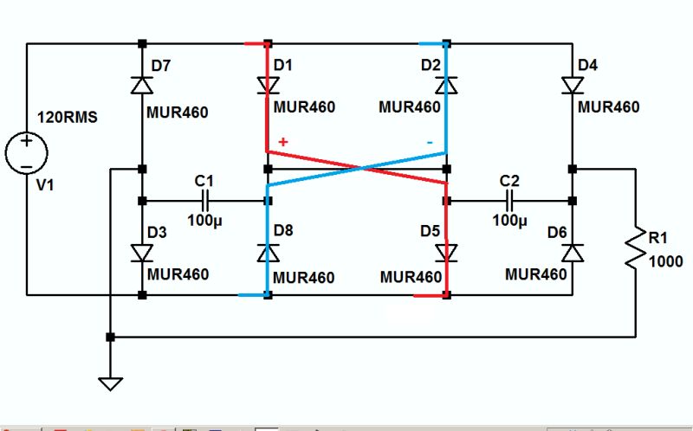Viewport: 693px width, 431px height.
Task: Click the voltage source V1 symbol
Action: click(26, 153)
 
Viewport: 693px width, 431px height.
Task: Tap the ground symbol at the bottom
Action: click(110, 381)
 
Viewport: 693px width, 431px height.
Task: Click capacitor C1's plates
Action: click(205, 201)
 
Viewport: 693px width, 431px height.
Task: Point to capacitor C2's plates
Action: click(509, 201)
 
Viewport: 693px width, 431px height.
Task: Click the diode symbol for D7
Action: click(142, 84)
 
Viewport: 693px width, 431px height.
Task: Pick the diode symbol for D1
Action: click(268, 85)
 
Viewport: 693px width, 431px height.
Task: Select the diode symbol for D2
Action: click(446, 85)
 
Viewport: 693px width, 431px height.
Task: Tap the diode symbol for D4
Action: click(573, 85)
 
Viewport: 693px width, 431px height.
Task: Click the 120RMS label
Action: click(66, 117)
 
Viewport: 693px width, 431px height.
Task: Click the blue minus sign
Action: click(429, 141)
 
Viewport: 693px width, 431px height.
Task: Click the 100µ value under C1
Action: click(204, 220)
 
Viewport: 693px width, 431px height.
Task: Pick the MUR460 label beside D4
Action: click(608, 107)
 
